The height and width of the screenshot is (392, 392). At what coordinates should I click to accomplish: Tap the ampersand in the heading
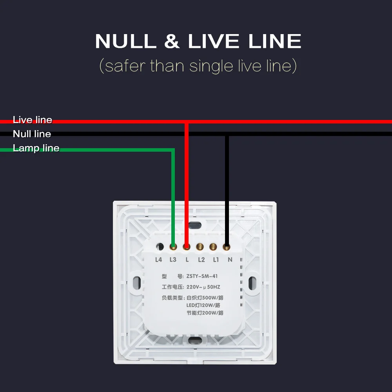tap(172, 42)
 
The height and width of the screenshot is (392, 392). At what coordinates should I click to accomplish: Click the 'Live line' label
tap(32, 120)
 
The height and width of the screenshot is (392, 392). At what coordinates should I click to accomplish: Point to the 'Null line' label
tap(32, 134)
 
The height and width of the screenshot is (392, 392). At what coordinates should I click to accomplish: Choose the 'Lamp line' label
tap(36, 148)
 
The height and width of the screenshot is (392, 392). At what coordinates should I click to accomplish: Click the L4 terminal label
tap(158, 260)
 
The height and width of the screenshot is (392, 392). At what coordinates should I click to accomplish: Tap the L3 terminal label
tap(173, 260)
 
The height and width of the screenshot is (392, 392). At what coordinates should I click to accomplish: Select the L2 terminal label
tap(201, 260)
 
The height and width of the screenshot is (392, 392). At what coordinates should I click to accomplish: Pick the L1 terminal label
tap(216, 260)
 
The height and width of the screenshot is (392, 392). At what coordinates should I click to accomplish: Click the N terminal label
tap(230, 260)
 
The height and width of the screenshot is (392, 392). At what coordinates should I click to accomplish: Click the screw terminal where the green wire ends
tap(173, 247)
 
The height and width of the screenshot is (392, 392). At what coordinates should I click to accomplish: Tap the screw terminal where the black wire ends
tap(227, 247)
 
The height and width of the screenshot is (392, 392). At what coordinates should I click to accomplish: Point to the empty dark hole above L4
tap(160, 247)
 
